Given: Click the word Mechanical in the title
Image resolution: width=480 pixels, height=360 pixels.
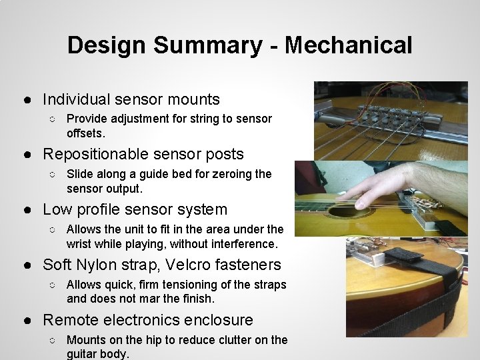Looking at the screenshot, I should pos(348,45).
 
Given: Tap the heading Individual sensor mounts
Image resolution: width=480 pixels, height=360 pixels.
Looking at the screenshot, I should pos(131,99).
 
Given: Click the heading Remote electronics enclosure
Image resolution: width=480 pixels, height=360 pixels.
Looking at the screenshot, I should pos(147,320).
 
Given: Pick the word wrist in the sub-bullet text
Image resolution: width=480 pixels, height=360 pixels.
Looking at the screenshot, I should pos(81,244).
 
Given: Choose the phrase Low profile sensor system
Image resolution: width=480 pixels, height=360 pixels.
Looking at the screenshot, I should pos(135,209).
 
